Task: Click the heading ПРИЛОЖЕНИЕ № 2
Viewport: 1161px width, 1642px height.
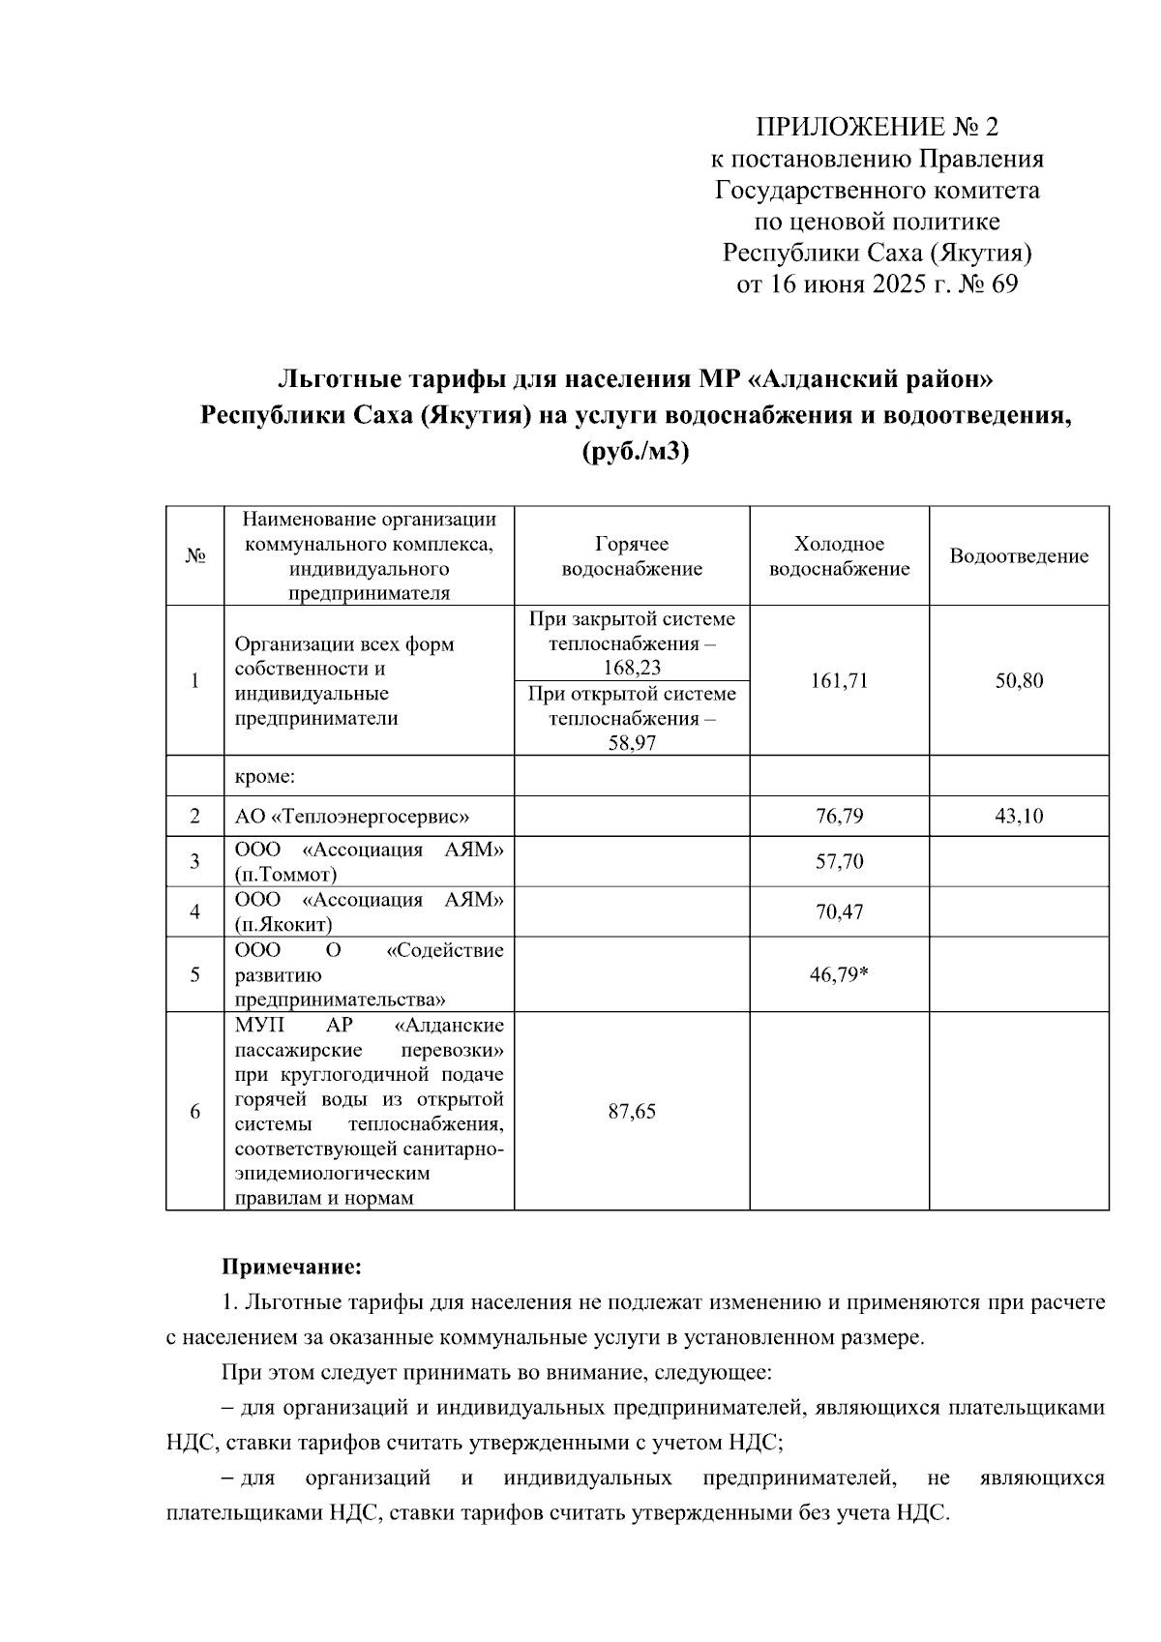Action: pos(877,127)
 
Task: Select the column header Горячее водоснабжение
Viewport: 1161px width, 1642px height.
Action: pos(632,556)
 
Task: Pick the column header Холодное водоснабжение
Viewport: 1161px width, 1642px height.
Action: pos(839,556)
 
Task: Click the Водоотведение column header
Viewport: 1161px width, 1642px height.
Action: pos(1019,556)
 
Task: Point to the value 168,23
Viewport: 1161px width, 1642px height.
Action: pos(632,668)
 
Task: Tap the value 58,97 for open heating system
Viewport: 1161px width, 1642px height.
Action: pos(632,743)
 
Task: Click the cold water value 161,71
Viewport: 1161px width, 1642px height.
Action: pos(839,680)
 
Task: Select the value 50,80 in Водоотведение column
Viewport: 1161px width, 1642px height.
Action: pos(1019,680)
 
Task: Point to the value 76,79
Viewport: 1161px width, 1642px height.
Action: pos(839,816)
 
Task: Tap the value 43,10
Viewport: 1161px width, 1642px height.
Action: pos(1019,816)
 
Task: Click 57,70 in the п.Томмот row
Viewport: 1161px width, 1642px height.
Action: pos(839,861)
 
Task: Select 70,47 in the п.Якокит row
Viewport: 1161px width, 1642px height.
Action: pos(839,911)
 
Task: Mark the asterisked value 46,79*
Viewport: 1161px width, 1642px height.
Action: pos(839,974)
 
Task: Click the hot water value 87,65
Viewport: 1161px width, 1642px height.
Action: pos(632,1111)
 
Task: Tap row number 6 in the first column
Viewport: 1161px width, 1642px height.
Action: pos(194,1111)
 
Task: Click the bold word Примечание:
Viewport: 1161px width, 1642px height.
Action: pos(291,1266)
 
